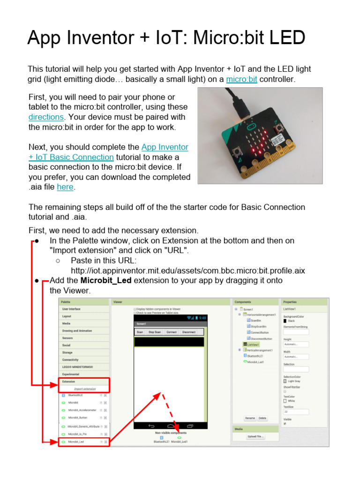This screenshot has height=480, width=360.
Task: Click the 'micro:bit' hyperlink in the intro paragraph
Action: (x=241, y=79)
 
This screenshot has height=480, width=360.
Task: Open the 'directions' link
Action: (x=46, y=117)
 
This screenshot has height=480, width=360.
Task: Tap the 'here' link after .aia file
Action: (x=65, y=187)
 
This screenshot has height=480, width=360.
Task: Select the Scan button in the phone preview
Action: (x=140, y=332)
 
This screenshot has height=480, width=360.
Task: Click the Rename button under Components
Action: (x=250, y=418)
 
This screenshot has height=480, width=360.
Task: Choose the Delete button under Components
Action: (x=262, y=418)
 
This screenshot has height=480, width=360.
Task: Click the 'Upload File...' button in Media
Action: (x=255, y=436)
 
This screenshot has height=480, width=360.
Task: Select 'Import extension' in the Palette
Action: (x=85, y=389)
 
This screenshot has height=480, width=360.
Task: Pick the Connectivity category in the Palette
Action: (x=70, y=360)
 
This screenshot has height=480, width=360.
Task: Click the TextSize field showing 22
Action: (x=296, y=412)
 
